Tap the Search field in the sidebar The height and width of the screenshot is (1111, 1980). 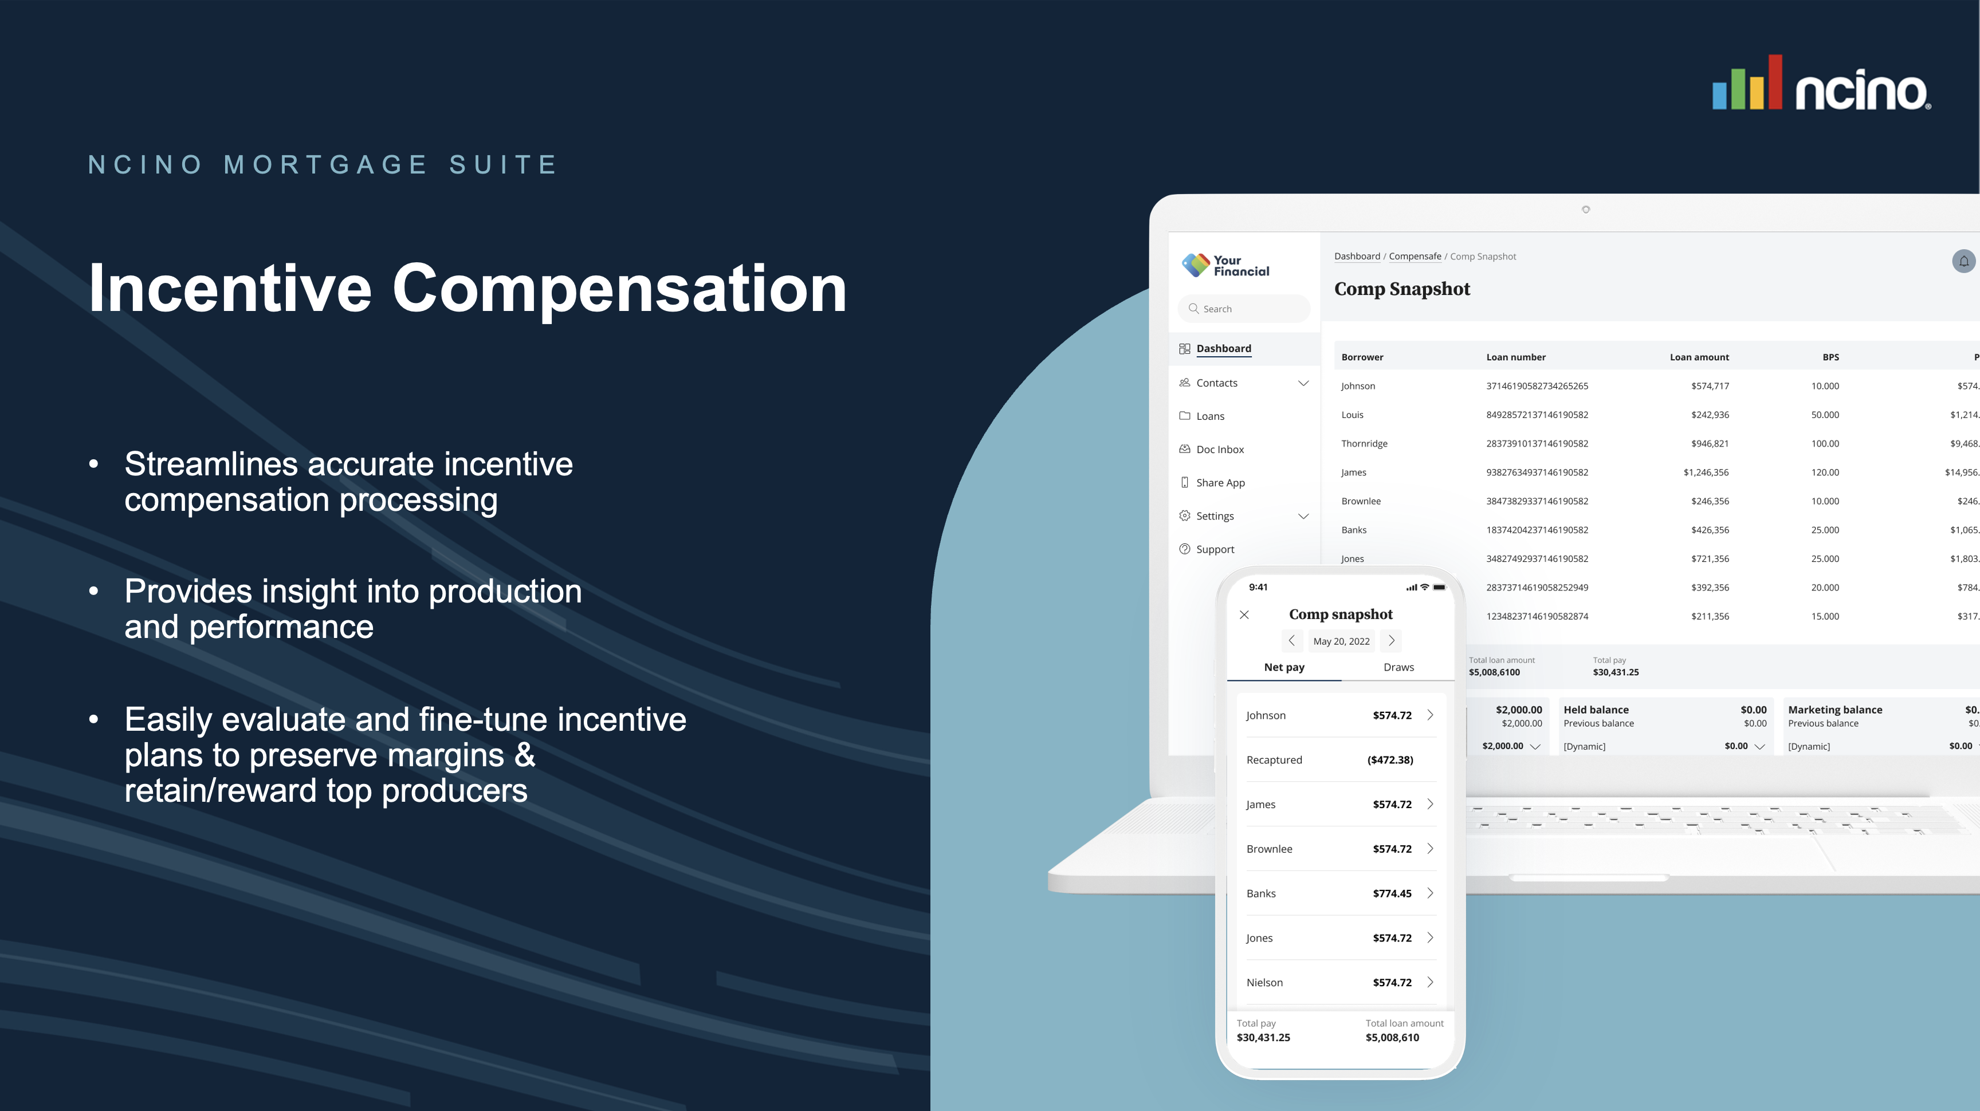(x=1244, y=309)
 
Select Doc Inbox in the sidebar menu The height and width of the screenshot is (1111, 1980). (x=1220, y=450)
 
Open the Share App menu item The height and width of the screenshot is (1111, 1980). (x=1220, y=483)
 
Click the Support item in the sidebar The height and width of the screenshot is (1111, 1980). (x=1215, y=549)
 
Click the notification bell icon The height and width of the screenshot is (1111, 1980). (x=1963, y=261)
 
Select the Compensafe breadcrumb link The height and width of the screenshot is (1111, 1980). (x=1415, y=257)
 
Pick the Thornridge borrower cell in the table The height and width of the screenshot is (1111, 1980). (x=1364, y=443)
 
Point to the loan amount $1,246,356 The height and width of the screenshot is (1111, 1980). (x=1706, y=472)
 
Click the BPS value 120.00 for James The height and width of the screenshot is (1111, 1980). (x=1824, y=472)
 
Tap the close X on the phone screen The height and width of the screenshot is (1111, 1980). (x=1244, y=614)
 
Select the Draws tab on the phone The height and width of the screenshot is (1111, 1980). (x=1398, y=667)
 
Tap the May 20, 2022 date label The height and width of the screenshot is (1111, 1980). (x=1341, y=641)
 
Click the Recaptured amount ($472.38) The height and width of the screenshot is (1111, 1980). (x=1390, y=760)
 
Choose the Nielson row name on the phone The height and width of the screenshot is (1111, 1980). (x=1264, y=982)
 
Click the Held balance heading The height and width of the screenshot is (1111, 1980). (x=1596, y=710)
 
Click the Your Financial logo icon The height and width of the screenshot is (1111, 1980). (x=1195, y=265)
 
